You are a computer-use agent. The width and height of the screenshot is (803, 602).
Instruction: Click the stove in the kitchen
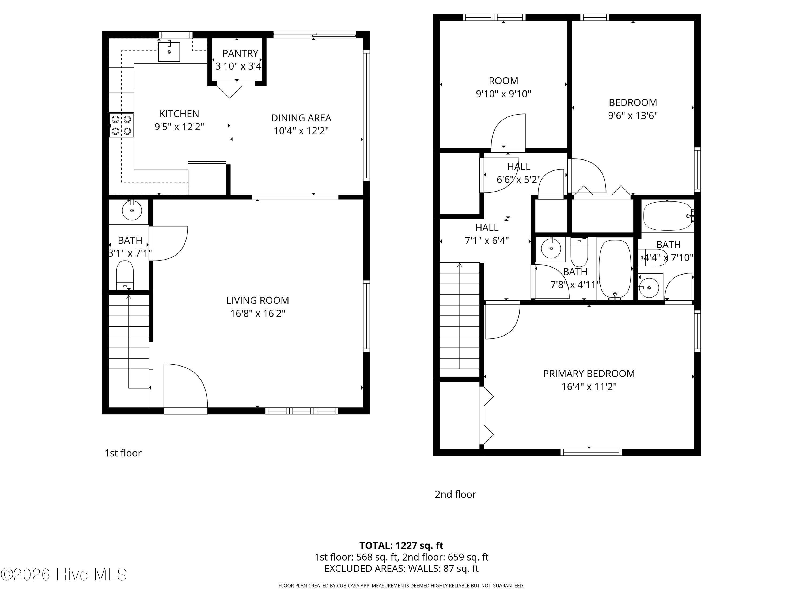click(121, 125)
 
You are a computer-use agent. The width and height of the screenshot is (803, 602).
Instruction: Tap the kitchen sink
click(169, 52)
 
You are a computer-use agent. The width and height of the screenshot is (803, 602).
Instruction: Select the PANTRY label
click(240, 53)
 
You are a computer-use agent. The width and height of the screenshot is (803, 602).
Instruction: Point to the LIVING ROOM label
click(258, 300)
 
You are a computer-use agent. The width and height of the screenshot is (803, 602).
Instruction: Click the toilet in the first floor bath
click(125, 275)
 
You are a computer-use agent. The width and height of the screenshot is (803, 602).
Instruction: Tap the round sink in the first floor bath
click(132, 210)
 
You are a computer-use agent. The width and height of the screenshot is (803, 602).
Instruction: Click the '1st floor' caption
click(123, 453)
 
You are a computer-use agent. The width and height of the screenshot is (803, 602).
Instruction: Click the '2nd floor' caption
click(455, 494)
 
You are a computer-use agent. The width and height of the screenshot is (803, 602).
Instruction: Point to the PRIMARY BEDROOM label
click(589, 374)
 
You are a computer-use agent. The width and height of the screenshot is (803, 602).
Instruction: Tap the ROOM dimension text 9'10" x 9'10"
click(503, 94)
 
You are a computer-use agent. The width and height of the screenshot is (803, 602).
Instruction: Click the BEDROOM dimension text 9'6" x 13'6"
click(633, 115)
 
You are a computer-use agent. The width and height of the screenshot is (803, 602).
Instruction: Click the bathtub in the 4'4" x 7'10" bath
click(668, 216)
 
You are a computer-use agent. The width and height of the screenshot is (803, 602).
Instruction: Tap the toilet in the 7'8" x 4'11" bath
click(579, 252)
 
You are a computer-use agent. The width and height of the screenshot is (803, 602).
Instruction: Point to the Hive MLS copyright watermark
click(64, 574)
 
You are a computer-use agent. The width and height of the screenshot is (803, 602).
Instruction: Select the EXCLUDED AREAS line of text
click(401, 569)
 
